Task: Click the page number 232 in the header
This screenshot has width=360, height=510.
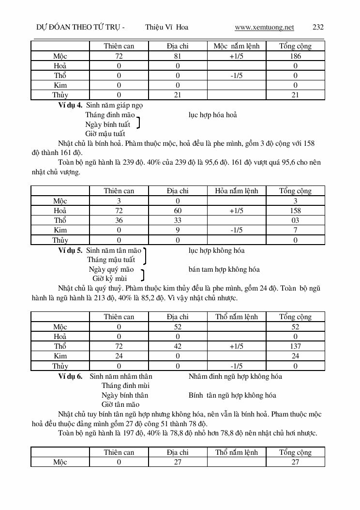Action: point(318,27)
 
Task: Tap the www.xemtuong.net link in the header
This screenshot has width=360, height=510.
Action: point(264,27)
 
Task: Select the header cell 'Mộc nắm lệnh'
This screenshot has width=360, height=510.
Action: point(237,46)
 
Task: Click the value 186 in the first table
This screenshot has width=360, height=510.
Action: point(295,56)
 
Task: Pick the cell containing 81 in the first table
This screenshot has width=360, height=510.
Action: point(178,56)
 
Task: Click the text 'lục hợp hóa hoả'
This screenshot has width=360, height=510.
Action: point(212,115)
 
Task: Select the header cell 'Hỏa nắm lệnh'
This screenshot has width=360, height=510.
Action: point(237,191)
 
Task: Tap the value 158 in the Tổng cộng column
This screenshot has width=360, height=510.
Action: point(295,211)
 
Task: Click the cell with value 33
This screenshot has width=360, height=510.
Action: point(178,220)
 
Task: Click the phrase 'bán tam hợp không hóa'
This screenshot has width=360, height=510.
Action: point(224,269)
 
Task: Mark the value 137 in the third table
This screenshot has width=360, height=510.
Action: point(295,346)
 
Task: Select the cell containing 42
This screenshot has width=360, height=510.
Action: point(178,346)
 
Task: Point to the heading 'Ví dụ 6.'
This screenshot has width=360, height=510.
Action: point(70,376)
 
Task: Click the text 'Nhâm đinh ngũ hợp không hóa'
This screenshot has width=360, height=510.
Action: point(235,376)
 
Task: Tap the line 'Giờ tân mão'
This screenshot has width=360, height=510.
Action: point(120,404)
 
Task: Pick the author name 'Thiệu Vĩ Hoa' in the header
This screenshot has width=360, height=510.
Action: point(166,27)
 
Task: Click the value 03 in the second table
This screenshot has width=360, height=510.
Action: point(295,220)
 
